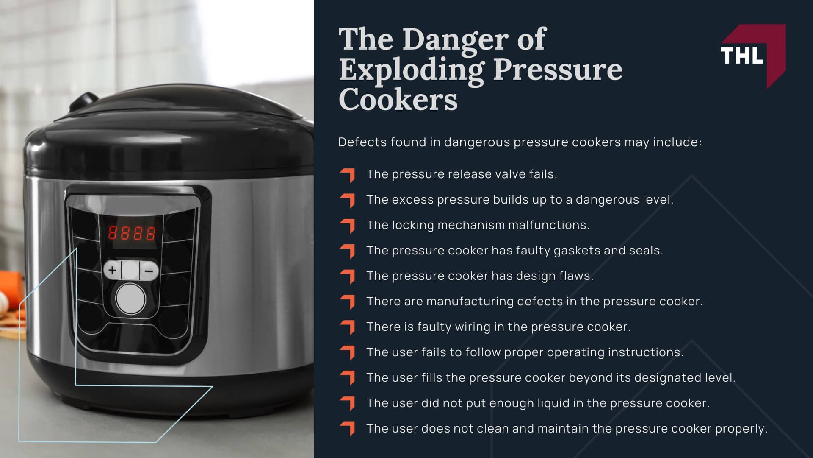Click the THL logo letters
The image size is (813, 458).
[741, 56]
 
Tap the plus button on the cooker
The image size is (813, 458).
[112, 270]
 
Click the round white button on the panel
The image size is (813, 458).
[130, 299]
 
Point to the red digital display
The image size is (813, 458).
[132, 233]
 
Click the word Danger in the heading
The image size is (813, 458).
[456, 39]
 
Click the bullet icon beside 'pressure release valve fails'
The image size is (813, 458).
[348, 175]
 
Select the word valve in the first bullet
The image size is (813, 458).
[498, 174]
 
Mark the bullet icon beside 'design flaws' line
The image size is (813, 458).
[348, 276]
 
